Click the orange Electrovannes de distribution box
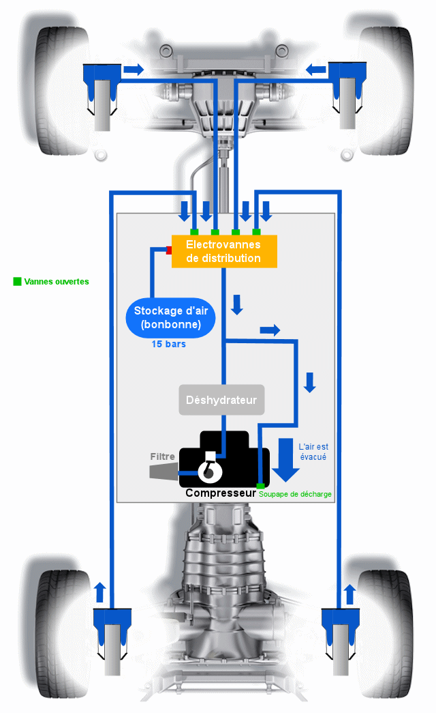pos(224,251)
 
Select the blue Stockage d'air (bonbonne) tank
pos(170,317)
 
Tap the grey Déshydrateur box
pos(221,400)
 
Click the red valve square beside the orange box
pos(168,250)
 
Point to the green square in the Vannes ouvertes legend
pos(17,282)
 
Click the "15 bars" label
pos(168,345)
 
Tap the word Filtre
pos(163,456)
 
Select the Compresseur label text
pos(221,493)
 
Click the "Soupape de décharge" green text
pos(295,494)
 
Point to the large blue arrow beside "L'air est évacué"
pos(285,460)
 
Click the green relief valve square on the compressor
pos(261,486)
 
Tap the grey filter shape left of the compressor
pos(164,471)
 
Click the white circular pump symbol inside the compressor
pos(210,471)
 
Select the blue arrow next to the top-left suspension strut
pos(134,70)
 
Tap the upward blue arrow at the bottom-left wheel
pos(100,592)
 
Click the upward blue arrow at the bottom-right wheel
pos(349,594)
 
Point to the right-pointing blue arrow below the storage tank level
pos(270,330)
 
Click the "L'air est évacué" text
pos(313,452)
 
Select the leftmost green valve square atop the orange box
pos(194,233)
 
